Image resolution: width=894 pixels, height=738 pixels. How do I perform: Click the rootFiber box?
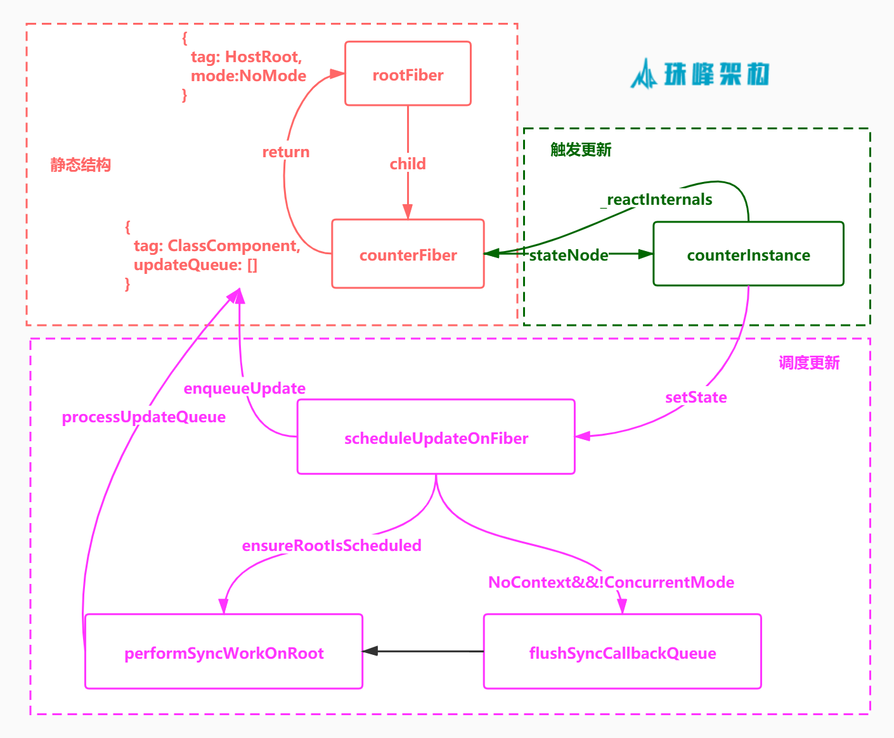tap(408, 74)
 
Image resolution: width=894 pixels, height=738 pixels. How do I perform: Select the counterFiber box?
tap(408, 254)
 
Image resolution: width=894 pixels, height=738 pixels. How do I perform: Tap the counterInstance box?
tap(748, 254)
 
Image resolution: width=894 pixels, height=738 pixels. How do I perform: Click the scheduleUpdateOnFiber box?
tap(436, 437)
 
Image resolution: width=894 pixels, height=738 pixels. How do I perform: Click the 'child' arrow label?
tap(408, 164)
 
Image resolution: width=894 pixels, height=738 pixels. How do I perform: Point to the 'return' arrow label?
tap(286, 152)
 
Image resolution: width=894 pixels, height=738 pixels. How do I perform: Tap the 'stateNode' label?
tap(569, 255)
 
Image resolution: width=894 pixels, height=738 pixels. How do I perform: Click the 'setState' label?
tap(696, 397)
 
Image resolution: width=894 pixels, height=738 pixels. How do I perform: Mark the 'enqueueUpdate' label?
tap(245, 388)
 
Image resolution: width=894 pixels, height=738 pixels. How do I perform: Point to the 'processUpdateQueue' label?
tap(144, 417)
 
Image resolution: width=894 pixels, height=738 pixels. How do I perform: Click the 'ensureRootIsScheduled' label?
tap(332, 545)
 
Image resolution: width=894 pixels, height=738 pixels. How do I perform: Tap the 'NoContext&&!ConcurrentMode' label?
tap(611, 582)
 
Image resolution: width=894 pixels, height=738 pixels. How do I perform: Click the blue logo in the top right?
tap(700, 74)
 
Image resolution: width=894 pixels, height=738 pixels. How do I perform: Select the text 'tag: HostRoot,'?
tap(246, 56)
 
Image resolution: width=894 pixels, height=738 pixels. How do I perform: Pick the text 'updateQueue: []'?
tap(195, 264)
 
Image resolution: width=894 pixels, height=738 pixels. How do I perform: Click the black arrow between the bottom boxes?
tap(423, 651)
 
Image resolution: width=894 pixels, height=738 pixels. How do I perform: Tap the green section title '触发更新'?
tap(581, 150)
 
